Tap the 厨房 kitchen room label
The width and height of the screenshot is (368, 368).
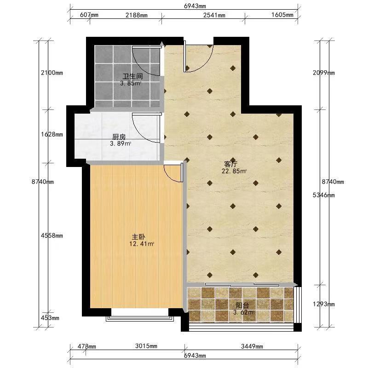119,137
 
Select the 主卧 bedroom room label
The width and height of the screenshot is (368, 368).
138,236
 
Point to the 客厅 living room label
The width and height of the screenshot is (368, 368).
231,164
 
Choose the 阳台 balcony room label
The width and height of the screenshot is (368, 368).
242,305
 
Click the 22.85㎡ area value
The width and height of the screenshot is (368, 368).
234,171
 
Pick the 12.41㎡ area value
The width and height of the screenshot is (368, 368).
142,244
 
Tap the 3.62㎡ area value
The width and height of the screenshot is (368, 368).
244,312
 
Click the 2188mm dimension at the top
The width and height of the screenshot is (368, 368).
137,15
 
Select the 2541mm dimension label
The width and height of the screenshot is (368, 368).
214,15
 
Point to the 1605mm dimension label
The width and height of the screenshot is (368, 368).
282,15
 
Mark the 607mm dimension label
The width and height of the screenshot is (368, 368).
89,15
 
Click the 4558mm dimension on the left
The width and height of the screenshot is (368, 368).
52,236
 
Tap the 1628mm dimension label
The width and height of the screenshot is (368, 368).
52,134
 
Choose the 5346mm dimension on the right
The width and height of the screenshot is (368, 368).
324,195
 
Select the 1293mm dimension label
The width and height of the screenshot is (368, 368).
324,304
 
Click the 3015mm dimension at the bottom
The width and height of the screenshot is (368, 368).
146,346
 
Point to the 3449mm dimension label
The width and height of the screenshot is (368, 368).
252,346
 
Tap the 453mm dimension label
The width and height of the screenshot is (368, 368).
50,318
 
